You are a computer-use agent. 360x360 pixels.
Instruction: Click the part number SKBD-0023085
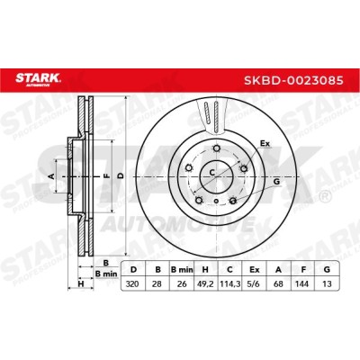click(293, 80)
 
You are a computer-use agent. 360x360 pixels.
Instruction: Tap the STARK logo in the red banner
click(38, 79)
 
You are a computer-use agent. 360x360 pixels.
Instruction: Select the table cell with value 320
click(132, 283)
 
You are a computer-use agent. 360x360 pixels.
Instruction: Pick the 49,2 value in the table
click(205, 283)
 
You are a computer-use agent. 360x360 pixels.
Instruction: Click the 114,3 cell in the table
click(230, 283)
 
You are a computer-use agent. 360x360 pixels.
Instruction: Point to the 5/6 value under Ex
click(254, 283)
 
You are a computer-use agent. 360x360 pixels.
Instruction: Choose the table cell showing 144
click(302, 283)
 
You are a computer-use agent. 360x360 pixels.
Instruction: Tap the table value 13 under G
click(327, 283)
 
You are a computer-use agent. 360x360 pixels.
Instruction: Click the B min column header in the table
click(182, 270)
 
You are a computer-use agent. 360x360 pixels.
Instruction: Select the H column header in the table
click(205, 270)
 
